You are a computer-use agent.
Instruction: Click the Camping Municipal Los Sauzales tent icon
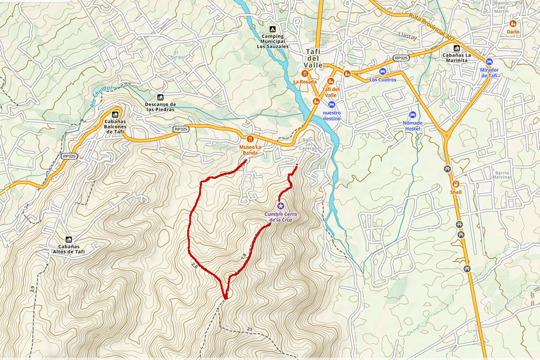pos(272,29)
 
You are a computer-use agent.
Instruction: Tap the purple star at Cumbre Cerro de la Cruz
pos(281,206)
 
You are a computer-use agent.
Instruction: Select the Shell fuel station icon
pos(456,184)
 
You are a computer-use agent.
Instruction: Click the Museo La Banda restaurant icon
pos(250,138)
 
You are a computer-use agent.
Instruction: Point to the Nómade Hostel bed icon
pos(412,115)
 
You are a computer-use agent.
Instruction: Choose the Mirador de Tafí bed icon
pos(489,62)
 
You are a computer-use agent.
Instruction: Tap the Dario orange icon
pos(513,24)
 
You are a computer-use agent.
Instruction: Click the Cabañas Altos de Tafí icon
pos(69,239)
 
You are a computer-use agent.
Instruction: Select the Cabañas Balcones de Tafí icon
pos(114,114)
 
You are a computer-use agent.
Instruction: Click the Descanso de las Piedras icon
pos(160,98)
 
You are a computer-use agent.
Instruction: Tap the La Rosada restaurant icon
pos(305,73)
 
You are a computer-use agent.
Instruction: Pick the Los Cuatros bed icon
pos(383,71)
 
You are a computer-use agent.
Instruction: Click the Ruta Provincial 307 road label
pos(431,26)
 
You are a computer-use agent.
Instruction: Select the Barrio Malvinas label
pos(504,175)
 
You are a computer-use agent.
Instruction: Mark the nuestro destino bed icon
pos(332,104)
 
